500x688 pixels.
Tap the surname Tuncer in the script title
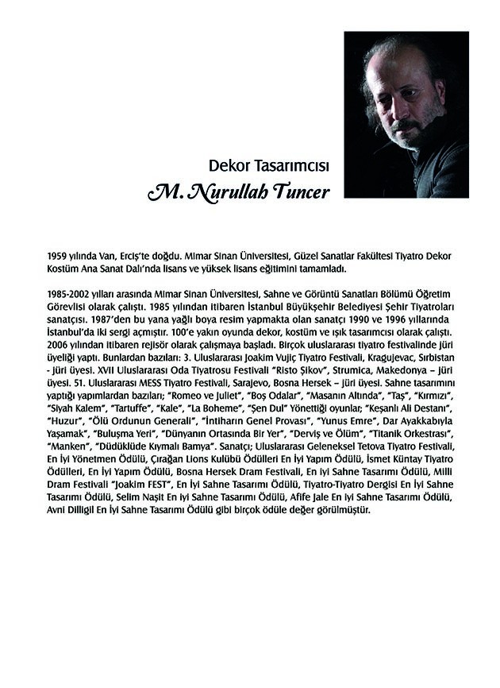[x=298, y=194]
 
